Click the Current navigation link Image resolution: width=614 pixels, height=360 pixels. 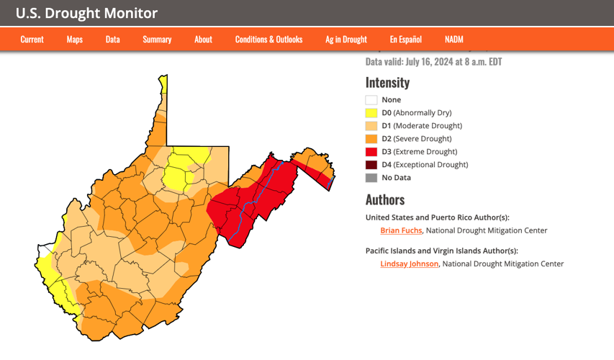click(32, 40)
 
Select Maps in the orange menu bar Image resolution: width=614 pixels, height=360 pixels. click(75, 40)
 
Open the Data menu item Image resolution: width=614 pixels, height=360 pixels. click(112, 40)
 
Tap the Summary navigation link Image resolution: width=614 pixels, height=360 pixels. click(157, 40)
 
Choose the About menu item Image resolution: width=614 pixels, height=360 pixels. click(203, 40)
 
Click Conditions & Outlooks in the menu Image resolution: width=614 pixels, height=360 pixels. click(268, 40)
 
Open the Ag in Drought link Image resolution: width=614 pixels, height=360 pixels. click(346, 40)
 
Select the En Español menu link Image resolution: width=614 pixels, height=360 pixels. click(405, 40)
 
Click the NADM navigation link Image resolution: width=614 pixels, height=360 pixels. click(453, 40)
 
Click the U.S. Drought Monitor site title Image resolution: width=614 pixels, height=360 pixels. click(86, 13)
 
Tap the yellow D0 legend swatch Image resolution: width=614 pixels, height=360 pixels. click(371, 113)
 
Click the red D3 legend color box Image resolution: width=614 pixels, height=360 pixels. click(371, 152)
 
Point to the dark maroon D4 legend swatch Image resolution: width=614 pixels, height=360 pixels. click(371, 165)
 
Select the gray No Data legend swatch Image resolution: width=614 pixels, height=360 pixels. click(371, 178)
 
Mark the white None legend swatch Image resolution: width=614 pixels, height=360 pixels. click(371, 100)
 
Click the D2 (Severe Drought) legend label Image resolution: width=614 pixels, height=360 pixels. click(416, 139)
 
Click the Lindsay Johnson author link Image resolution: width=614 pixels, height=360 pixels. click(409, 264)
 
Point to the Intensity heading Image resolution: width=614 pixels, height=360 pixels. click(387, 82)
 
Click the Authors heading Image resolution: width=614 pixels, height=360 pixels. click(384, 199)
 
